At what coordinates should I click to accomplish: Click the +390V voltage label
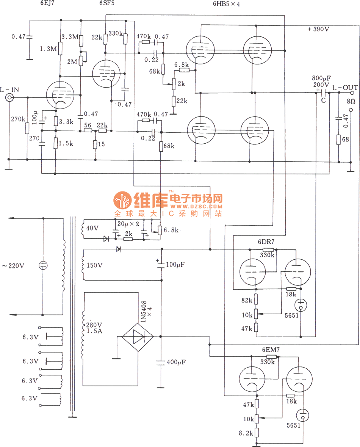click(x=318, y=29)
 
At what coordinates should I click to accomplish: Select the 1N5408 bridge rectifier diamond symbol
click(x=137, y=336)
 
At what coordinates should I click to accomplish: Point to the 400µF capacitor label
click(x=176, y=362)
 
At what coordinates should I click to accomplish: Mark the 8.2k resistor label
click(x=246, y=433)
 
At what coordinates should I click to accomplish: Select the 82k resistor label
click(x=246, y=300)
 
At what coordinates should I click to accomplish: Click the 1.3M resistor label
click(x=48, y=49)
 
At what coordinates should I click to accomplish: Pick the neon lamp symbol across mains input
click(x=43, y=265)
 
